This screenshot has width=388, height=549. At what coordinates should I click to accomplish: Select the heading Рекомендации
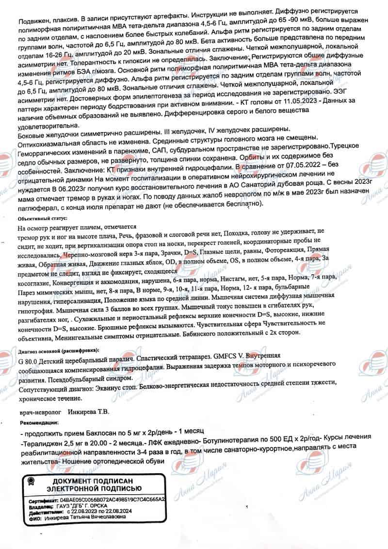pyautogui.click(x=38, y=423)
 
